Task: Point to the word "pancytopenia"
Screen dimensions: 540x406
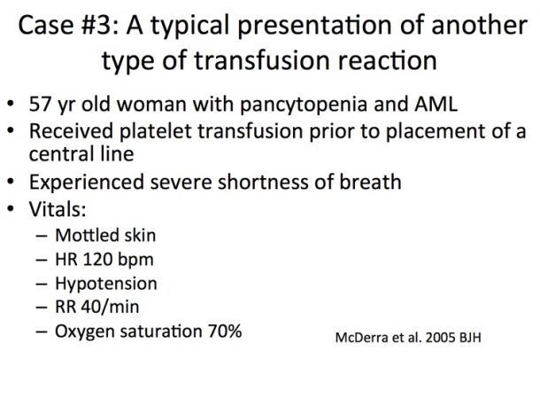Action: click(304, 105)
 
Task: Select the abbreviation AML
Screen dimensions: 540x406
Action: click(436, 104)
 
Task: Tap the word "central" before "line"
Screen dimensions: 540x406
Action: click(61, 154)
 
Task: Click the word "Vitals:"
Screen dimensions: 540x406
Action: click(58, 208)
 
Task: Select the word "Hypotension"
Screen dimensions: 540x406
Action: click(106, 284)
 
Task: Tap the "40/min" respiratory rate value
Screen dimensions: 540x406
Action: click(110, 307)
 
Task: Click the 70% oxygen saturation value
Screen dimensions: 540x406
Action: click(225, 332)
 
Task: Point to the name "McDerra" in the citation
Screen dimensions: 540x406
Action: click(361, 338)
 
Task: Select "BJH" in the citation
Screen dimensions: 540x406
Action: click(470, 338)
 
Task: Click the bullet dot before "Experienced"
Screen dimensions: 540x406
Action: click(11, 181)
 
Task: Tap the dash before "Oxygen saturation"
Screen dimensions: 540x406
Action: click(41, 332)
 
